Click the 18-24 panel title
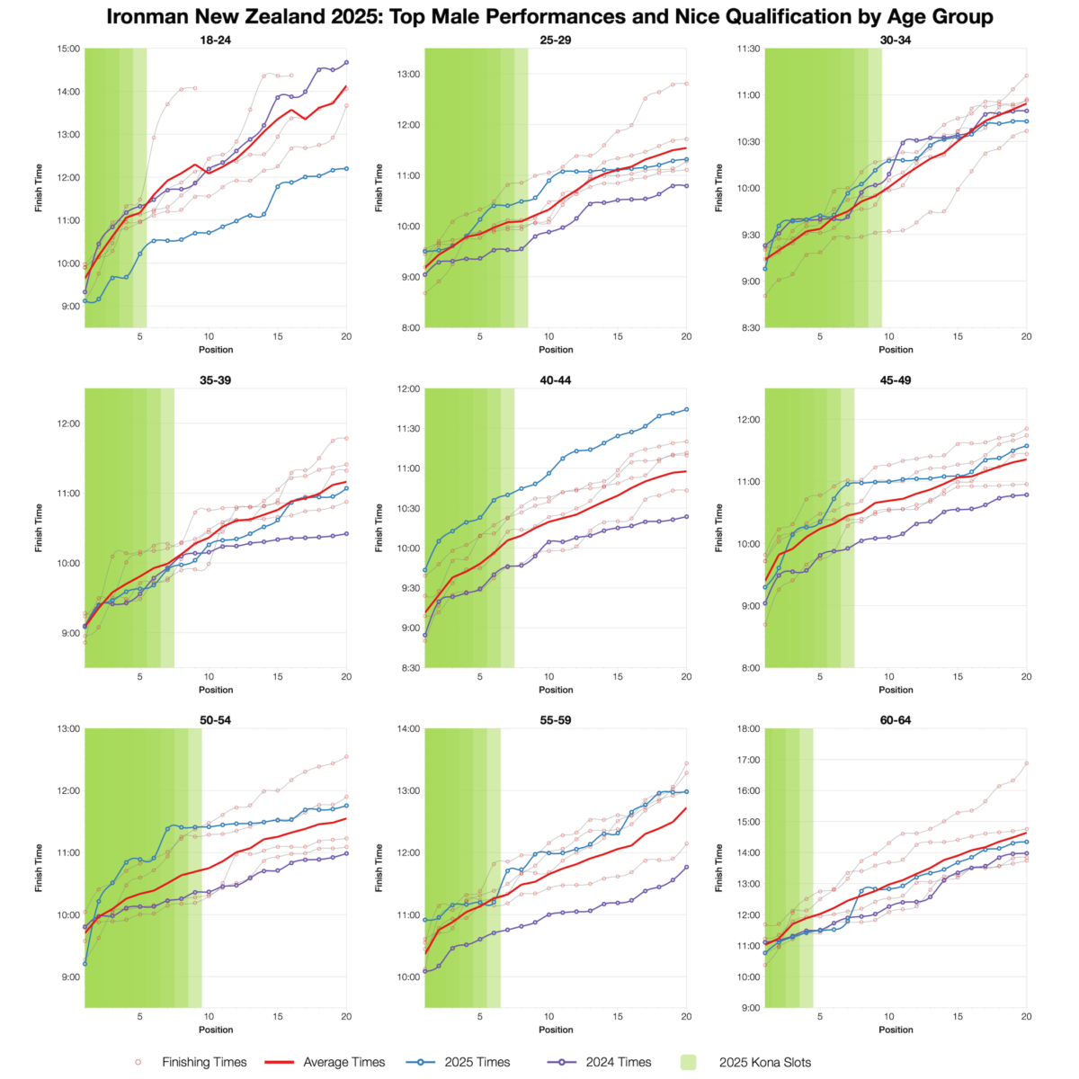[216, 40]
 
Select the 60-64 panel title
[896, 720]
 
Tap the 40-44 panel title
[556, 380]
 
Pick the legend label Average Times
[344, 1062]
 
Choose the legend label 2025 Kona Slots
[765, 1062]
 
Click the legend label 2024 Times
[619, 1062]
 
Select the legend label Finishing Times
[204, 1062]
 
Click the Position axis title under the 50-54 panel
[216, 1030]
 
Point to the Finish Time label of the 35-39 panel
[39, 528]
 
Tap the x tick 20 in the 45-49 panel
[1026, 676]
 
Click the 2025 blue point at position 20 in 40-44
[686, 409]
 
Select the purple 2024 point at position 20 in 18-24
[346, 63]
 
